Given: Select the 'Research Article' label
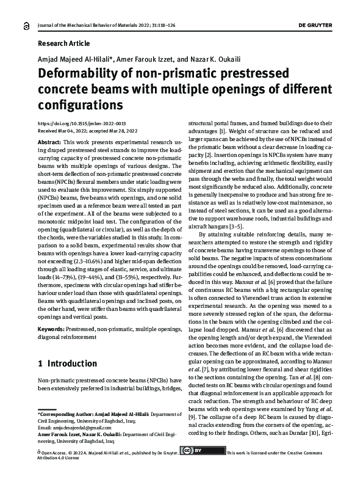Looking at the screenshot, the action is (x=63, y=43).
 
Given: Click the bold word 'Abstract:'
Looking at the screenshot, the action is (x=49, y=141).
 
